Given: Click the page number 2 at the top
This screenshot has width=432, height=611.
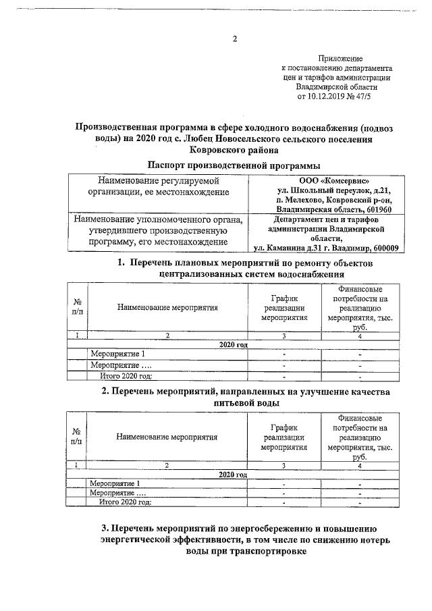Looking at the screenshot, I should click(234, 38).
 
